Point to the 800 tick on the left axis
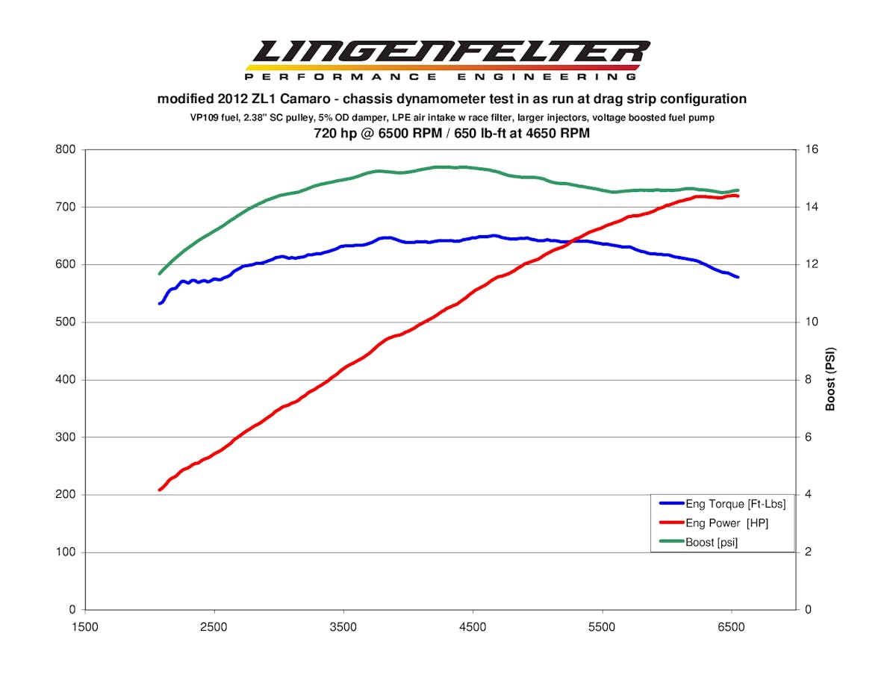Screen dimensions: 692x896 [66, 149]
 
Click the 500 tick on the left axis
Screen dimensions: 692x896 [66, 322]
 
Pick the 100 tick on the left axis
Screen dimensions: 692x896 [66, 552]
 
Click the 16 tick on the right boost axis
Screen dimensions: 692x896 [812, 149]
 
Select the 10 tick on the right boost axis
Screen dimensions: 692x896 [812, 322]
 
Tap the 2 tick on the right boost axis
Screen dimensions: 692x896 [809, 552]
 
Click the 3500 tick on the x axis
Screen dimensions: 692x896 [343, 627]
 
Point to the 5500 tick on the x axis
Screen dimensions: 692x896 [602, 627]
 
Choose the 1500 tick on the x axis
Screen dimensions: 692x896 [84, 627]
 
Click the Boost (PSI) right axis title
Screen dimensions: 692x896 [830, 379]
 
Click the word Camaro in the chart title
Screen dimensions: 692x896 [300, 99]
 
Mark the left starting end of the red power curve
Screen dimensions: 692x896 [160, 490]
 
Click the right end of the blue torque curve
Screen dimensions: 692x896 [738, 277]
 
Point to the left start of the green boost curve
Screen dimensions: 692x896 [160, 273]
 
